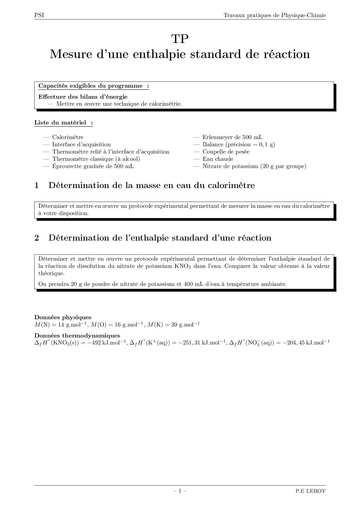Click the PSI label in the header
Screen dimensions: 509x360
(39, 15)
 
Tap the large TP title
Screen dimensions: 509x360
(180, 39)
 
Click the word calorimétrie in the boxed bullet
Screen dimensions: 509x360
(165, 104)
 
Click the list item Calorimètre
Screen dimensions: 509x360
(68, 137)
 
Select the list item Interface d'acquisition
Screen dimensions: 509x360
(81, 145)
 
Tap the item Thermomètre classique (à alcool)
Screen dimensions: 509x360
(96, 159)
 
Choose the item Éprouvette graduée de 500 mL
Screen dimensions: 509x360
(93, 166)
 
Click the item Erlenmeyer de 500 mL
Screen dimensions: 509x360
(232, 137)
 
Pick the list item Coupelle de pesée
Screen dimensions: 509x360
(226, 152)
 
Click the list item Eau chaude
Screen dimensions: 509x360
(218, 159)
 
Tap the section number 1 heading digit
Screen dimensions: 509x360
(37, 185)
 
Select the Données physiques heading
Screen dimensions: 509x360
(63, 317)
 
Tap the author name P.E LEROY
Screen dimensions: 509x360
(310, 491)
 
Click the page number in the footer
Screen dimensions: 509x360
(180, 491)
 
